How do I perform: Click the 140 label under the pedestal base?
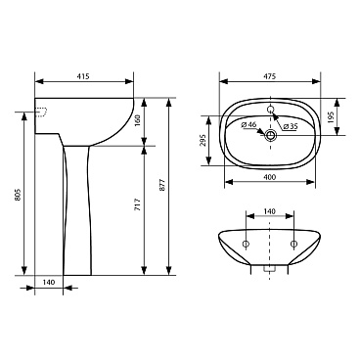[49, 283]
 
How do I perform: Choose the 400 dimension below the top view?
[270, 175]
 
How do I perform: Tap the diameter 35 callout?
[290, 127]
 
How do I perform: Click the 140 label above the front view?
[270, 212]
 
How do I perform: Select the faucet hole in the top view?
[271, 107]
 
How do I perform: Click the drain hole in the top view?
[271, 136]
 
